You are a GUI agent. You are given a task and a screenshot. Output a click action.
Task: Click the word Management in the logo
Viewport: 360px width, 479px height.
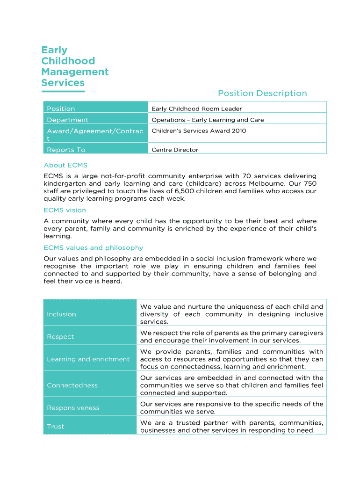click(x=75, y=72)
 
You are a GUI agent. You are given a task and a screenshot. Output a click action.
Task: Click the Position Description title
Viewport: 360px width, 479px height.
click(x=262, y=94)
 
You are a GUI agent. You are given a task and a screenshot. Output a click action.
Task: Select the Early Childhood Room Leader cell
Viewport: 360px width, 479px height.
click(x=196, y=109)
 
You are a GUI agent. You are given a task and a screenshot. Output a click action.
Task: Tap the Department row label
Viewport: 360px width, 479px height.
click(x=67, y=120)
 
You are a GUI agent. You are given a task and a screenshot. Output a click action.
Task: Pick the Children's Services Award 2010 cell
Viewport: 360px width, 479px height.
click(x=199, y=131)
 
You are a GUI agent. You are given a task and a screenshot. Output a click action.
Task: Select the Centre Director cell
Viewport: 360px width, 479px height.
click(x=175, y=150)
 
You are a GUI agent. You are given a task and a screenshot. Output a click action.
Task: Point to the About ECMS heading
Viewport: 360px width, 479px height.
click(x=65, y=165)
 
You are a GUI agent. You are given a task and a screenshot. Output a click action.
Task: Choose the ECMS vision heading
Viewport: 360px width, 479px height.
click(x=65, y=210)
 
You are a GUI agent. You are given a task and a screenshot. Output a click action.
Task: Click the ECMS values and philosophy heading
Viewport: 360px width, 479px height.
click(x=93, y=248)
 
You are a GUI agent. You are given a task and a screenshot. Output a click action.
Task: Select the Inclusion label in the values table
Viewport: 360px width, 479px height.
click(x=61, y=314)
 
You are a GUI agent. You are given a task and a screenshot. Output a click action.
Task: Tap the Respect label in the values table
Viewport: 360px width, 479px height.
click(x=60, y=337)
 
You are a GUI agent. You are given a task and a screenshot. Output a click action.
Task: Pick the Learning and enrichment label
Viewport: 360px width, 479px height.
click(x=88, y=359)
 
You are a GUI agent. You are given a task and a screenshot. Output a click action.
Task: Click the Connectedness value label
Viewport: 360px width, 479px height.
click(x=72, y=385)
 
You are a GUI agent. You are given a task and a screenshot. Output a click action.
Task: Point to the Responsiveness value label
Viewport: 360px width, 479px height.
click(x=73, y=408)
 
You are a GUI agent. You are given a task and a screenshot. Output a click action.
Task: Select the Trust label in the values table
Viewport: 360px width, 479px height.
click(x=55, y=427)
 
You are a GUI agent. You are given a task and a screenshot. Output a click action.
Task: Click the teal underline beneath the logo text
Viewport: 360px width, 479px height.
click(x=63, y=91)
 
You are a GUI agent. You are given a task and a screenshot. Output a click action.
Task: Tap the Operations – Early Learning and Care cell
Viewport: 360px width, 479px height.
click(x=208, y=120)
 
